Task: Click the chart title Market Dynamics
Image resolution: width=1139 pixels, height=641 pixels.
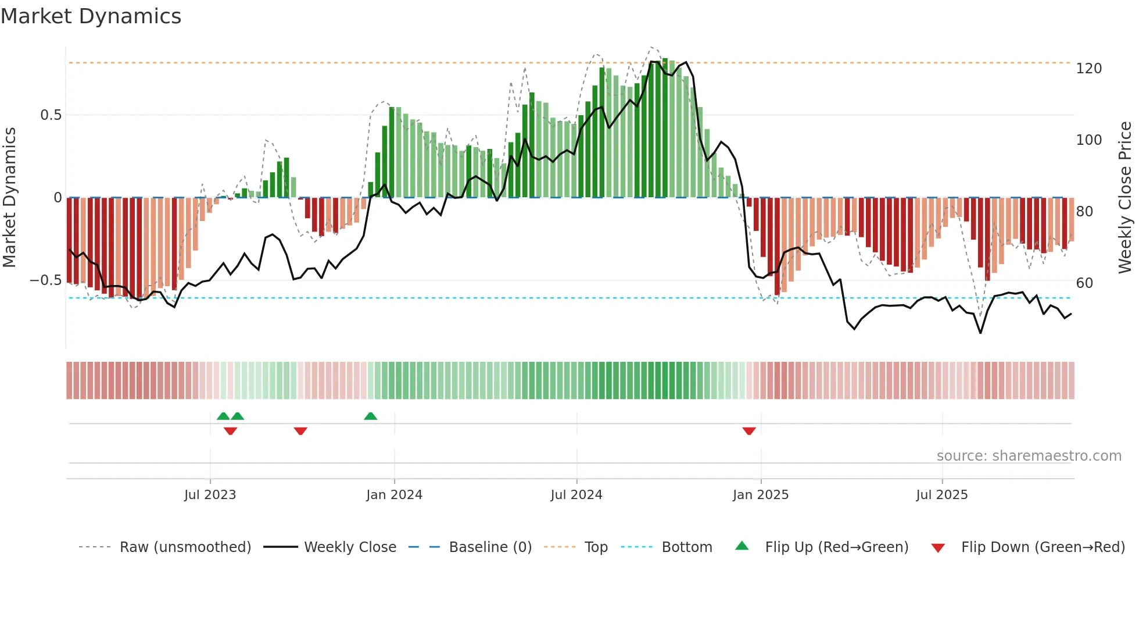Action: pyautogui.click(x=91, y=16)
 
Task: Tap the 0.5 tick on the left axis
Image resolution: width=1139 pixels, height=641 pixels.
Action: pyautogui.click(x=51, y=115)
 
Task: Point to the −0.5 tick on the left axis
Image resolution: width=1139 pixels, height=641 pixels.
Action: pyautogui.click(x=45, y=280)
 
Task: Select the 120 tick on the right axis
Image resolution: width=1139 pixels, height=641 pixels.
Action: pyautogui.click(x=1088, y=69)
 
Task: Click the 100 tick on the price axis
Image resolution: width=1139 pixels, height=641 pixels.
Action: pyautogui.click(x=1088, y=140)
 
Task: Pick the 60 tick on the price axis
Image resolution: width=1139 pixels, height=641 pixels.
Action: pyautogui.click(x=1084, y=283)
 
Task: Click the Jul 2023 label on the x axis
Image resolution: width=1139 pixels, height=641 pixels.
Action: pyautogui.click(x=210, y=495)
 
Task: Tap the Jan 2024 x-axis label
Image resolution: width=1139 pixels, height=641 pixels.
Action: pyautogui.click(x=394, y=495)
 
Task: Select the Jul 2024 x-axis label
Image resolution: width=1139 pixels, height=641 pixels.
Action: pyautogui.click(x=576, y=495)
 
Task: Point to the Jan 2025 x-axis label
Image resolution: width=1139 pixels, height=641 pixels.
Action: pyautogui.click(x=760, y=495)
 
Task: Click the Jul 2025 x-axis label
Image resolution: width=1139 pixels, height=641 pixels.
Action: pyautogui.click(x=941, y=495)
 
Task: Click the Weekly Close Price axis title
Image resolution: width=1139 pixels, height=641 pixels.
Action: pyautogui.click(x=1125, y=198)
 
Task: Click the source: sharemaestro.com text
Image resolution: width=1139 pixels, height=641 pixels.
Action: pyautogui.click(x=1029, y=456)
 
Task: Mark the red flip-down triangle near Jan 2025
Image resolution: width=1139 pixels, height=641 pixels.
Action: pyautogui.click(x=749, y=430)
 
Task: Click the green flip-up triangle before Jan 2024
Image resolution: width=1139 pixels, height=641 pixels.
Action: pyautogui.click(x=370, y=416)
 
